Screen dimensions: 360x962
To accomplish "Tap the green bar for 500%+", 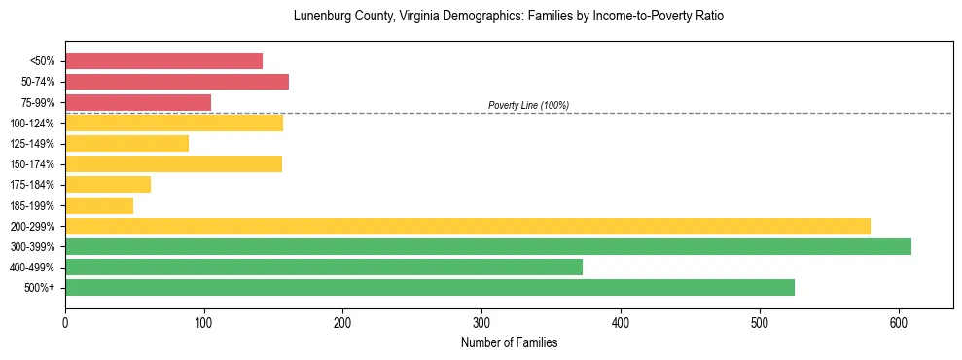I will [430, 287].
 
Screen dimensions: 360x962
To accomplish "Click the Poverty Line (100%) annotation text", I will [528, 105].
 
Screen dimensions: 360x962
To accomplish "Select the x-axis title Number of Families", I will [509, 342].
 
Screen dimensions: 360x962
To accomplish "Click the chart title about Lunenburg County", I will [508, 17].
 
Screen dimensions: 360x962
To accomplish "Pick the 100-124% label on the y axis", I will [32, 124].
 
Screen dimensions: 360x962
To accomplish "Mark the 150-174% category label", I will [32, 164].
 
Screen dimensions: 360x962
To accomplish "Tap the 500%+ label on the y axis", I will [39, 288].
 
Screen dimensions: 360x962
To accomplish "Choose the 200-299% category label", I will [32, 227].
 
